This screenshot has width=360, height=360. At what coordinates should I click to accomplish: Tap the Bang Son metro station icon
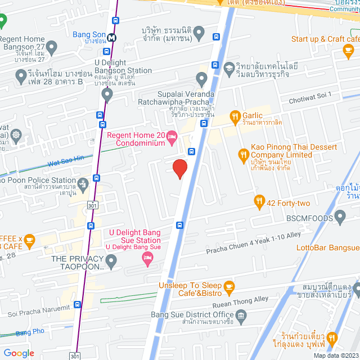click(112, 38)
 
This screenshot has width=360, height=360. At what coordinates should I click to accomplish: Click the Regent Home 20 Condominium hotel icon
click(172, 137)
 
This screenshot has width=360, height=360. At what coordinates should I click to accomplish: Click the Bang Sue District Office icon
click(241, 317)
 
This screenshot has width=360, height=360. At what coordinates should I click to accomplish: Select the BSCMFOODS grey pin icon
click(340, 216)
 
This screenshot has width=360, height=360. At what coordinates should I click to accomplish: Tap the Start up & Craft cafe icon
click(347, 51)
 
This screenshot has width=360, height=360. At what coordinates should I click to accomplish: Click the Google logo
click(19, 353)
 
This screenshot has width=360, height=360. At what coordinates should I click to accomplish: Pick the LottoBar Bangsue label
click(335, 247)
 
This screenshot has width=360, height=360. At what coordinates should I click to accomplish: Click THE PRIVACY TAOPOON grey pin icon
click(111, 260)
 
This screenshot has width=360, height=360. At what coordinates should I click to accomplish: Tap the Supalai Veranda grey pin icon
click(201, 78)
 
